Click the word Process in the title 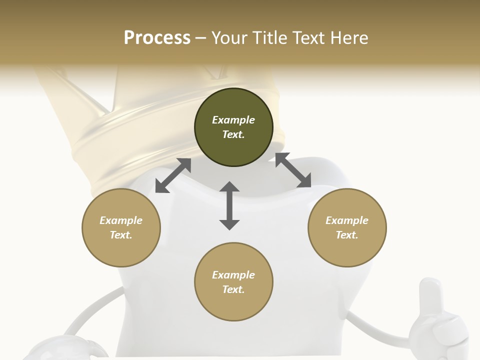[157, 37]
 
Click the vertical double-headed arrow [229, 205]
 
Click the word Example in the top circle [233, 120]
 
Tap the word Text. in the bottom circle [233, 289]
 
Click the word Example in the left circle [120, 220]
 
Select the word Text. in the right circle [346, 235]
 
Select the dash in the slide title [200, 38]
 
